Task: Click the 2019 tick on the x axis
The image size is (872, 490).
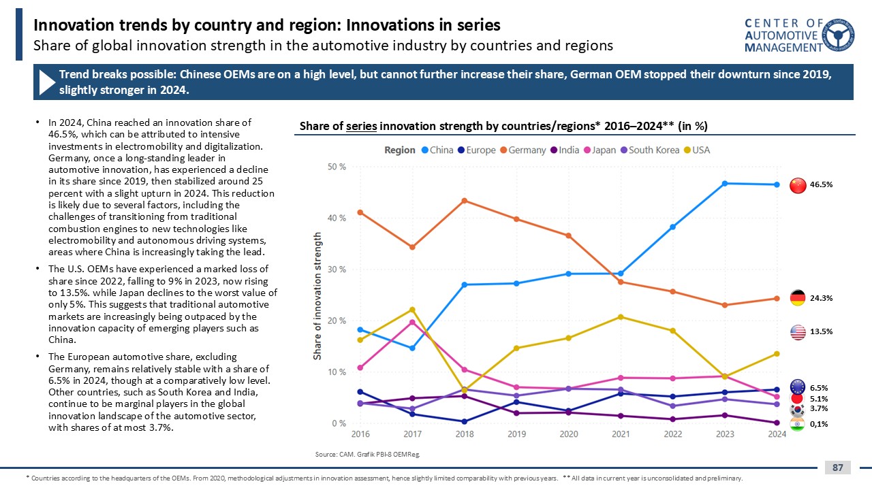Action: click(x=516, y=434)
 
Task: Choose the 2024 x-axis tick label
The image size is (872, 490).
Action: click(x=777, y=434)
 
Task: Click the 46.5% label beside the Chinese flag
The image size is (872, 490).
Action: click(x=822, y=184)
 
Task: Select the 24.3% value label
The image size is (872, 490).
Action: click(x=822, y=297)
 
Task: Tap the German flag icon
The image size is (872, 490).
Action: click(x=798, y=297)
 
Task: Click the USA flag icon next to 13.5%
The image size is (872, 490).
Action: click(x=798, y=331)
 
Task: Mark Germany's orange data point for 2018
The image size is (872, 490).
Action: click(x=464, y=201)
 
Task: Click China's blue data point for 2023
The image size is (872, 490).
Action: click(x=724, y=184)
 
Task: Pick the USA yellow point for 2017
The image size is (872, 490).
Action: click(x=412, y=310)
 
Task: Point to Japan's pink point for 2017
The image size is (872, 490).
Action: click(x=412, y=323)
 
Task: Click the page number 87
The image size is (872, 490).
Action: click(x=838, y=468)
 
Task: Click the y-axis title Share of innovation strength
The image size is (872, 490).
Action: click(x=317, y=295)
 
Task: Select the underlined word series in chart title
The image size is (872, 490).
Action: click(x=361, y=126)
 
